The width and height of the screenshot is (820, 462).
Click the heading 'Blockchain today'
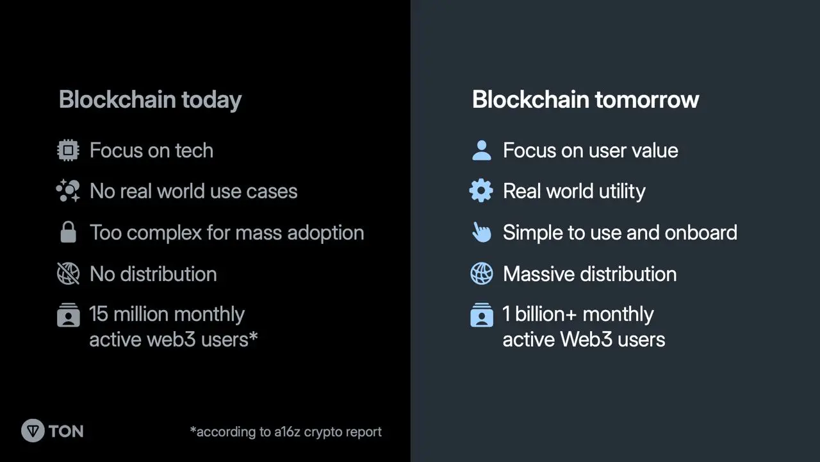150,99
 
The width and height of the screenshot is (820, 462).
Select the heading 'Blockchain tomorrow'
586,99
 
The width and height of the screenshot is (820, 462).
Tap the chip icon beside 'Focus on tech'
68,150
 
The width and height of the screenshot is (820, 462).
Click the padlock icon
68,232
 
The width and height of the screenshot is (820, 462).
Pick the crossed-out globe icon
68,273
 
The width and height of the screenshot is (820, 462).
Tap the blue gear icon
481,191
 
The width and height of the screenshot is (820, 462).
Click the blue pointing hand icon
481,232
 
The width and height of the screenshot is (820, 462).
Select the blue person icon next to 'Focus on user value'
482,150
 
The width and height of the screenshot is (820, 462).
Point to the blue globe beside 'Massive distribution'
482,273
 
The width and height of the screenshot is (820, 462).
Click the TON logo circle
33,431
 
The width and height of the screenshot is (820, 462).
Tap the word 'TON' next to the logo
66,431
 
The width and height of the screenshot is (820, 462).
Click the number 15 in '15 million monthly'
99,314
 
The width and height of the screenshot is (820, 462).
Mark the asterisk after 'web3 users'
253,336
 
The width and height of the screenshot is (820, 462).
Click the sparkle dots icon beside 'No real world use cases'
68,191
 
